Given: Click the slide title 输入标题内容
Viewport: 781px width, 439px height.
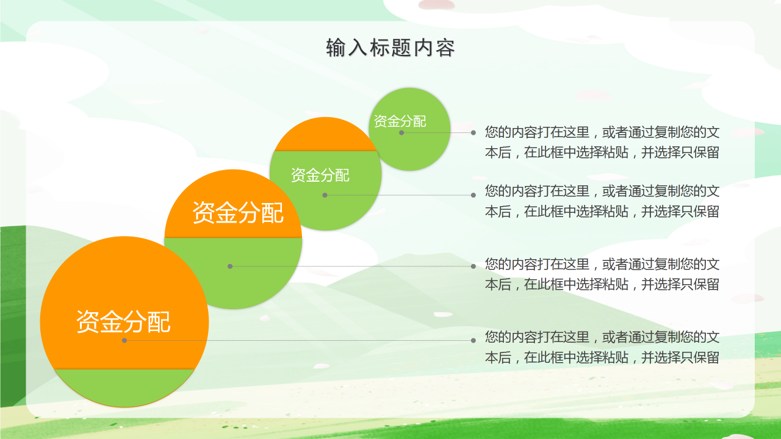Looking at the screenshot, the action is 390,48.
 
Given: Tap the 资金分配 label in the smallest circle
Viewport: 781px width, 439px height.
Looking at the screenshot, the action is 400,121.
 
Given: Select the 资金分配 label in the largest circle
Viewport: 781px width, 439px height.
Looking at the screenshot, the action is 123,321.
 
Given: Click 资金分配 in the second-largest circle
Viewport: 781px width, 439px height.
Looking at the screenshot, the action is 238,212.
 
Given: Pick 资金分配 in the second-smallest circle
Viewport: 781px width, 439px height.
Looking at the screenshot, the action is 320,175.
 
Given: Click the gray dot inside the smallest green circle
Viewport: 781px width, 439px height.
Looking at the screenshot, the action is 401,133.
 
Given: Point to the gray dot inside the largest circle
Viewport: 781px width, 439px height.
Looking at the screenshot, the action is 124,340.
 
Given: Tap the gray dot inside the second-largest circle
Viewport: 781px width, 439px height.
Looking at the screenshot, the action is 230,266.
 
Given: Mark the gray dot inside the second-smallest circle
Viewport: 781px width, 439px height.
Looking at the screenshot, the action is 325,195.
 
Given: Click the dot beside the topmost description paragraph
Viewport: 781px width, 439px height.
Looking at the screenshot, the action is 473,133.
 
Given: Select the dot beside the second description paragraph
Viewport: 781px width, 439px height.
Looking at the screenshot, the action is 473,195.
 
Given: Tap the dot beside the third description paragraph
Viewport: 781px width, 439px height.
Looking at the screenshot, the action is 473,266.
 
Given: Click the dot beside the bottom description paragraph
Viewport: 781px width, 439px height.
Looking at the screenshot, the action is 473,340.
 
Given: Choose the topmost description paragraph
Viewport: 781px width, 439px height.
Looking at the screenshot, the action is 602,142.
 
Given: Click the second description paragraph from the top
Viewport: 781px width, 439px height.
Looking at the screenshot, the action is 602,201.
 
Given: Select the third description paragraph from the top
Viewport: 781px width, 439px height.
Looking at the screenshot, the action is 602,274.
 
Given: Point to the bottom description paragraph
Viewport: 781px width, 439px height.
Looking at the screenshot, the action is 602,347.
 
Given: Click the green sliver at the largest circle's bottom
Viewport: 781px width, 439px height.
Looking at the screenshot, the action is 124,387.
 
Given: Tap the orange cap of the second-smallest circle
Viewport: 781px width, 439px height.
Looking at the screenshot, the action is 326,136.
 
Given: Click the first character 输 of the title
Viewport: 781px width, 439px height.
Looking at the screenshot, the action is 336,48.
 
